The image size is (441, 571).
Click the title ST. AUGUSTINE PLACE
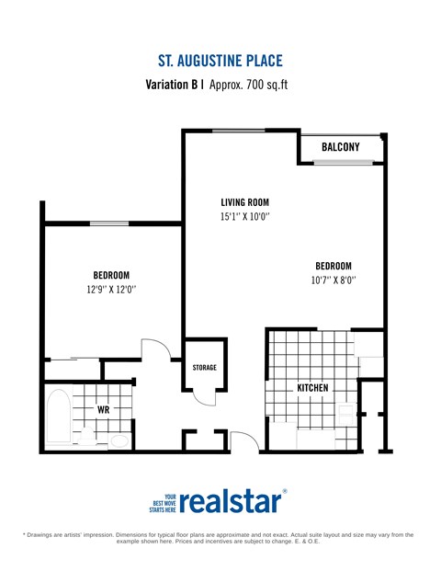pyautogui.click(x=220, y=62)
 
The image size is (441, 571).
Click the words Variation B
pyautogui.click(x=173, y=86)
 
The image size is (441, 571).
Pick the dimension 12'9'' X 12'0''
pyautogui.click(x=111, y=290)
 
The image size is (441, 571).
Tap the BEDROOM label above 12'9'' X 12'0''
pyautogui.click(x=111, y=275)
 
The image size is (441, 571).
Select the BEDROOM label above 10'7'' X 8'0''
pyautogui.click(x=333, y=266)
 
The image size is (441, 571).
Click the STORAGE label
pyautogui.click(x=205, y=368)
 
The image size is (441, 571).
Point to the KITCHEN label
pyautogui.click(x=312, y=388)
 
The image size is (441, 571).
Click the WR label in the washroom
pyautogui.click(x=103, y=410)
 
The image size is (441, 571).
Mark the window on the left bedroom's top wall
pyautogui.click(x=108, y=223)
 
